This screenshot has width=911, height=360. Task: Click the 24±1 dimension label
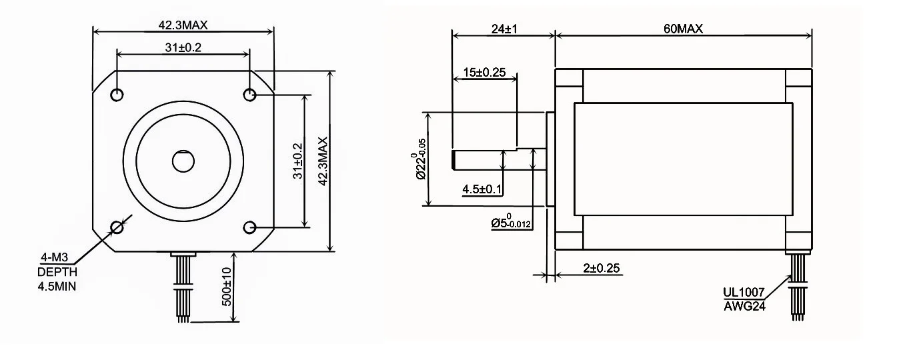[x=504, y=29]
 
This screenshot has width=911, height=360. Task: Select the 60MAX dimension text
[x=683, y=29]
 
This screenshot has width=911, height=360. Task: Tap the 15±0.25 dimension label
[x=484, y=72]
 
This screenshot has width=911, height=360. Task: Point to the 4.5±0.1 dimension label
[x=482, y=189]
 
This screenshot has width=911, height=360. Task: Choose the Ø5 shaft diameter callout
[x=511, y=221]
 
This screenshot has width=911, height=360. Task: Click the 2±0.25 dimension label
[x=602, y=268]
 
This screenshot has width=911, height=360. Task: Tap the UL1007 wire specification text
[x=744, y=292]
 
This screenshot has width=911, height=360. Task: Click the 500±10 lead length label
[x=227, y=287]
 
